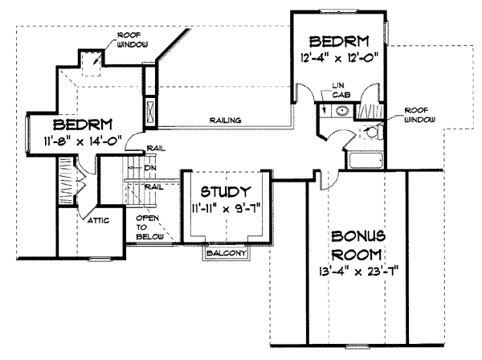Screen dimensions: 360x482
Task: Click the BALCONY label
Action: [x=226, y=253]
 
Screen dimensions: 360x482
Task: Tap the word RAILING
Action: [x=227, y=121]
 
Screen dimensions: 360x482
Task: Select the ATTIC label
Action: [x=81, y=219]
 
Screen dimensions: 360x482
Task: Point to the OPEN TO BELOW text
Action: [x=149, y=227]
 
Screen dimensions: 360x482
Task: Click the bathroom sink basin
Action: [x=341, y=113]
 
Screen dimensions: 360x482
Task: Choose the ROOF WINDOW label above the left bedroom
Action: [x=129, y=41]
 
